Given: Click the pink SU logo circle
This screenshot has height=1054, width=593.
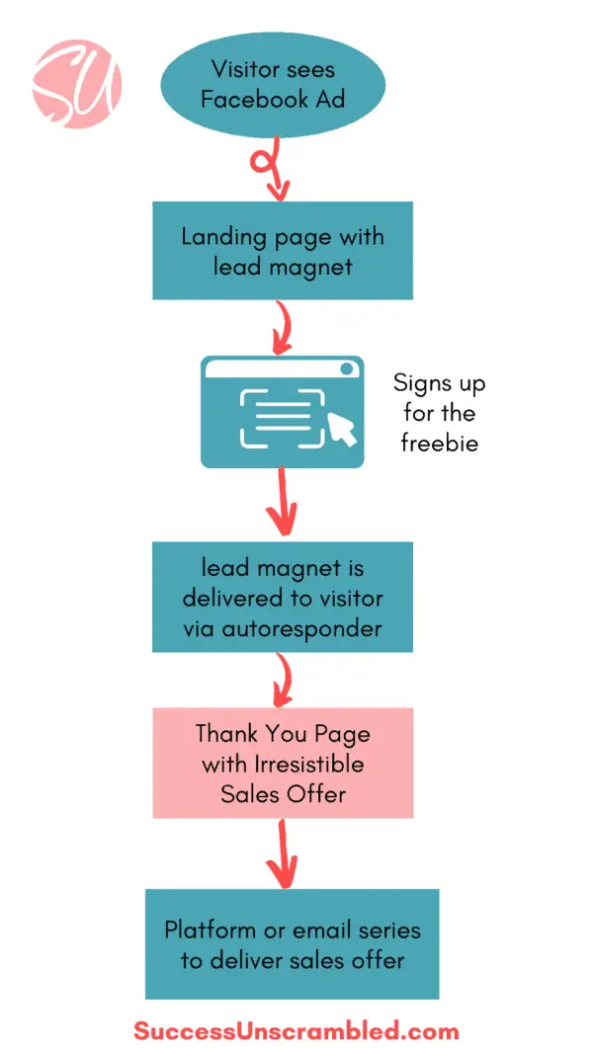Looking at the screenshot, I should tap(76, 78).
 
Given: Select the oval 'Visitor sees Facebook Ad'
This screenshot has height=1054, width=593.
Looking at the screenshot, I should tap(273, 84).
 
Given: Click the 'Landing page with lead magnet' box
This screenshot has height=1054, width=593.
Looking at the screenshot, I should tap(282, 250).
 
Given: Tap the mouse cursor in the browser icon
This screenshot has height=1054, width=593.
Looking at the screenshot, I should tap(341, 430).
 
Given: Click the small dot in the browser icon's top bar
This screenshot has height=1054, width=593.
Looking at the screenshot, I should tap(346, 368).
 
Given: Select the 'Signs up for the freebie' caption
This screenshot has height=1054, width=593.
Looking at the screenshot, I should tap(439, 413).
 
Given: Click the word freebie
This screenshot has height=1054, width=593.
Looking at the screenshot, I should tap(439, 443).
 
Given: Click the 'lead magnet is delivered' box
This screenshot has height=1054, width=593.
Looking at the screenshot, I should tap(282, 597).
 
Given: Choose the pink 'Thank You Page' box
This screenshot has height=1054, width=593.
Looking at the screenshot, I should tap(282, 763).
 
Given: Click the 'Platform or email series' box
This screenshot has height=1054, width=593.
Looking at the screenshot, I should tap(292, 943).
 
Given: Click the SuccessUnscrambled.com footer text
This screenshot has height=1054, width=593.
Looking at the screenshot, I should tap(296, 1031).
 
